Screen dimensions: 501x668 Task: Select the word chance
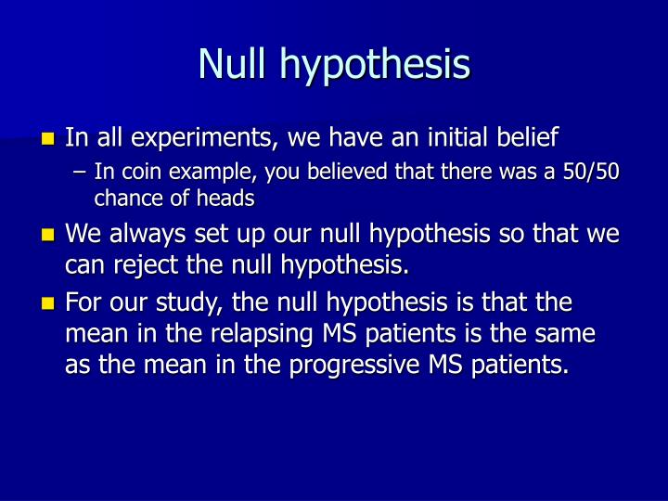click(123, 197)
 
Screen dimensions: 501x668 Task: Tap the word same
click(569, 335)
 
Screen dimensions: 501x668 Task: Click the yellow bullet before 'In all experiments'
click(48, 140)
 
